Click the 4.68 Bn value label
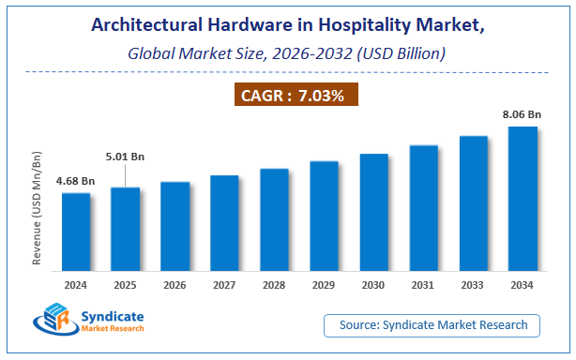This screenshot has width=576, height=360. [x=75, y=180]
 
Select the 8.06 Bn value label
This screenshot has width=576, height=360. [x=522, y=113]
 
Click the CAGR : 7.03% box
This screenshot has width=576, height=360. [x=295, y=95]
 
